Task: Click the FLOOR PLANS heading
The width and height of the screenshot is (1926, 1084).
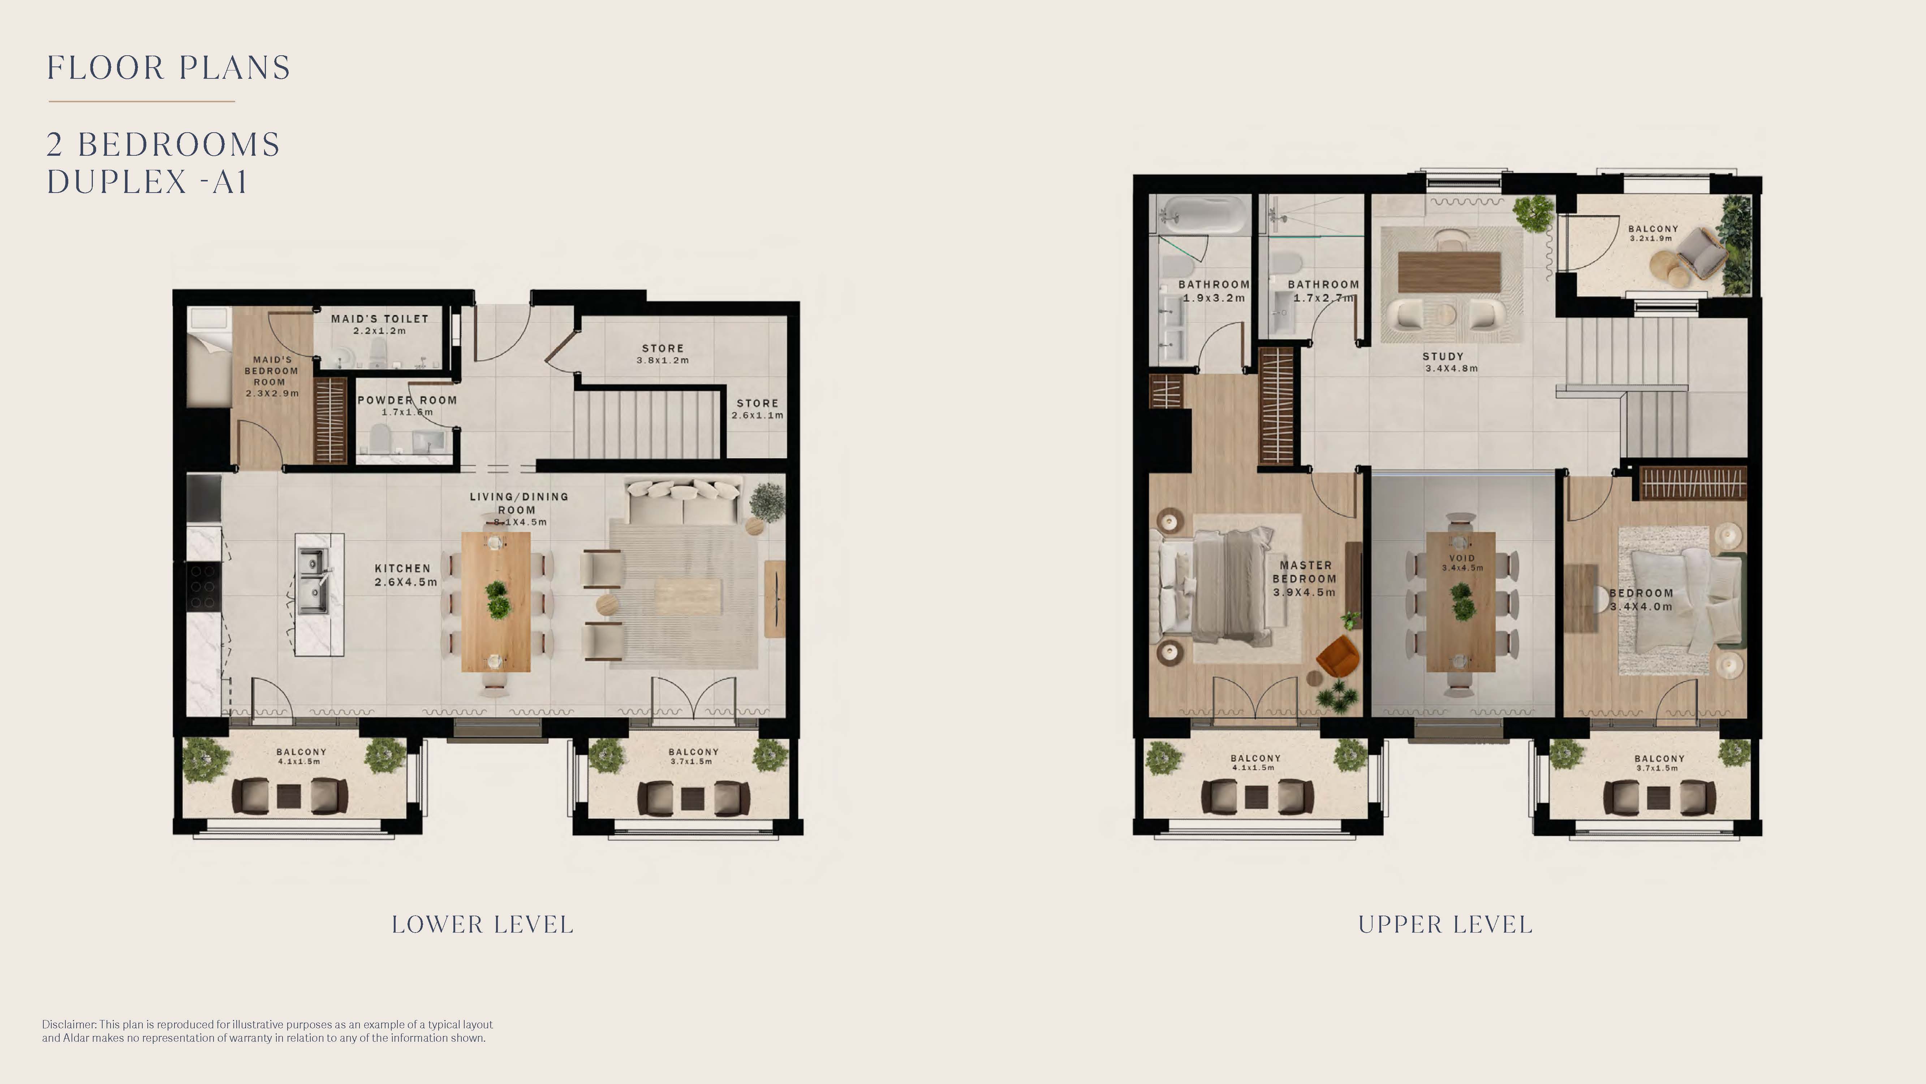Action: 169,68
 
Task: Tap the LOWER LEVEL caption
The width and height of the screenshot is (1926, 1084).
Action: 482,925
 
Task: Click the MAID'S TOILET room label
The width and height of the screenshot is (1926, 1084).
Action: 380,324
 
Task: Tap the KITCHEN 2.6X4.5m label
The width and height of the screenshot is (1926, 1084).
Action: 405,575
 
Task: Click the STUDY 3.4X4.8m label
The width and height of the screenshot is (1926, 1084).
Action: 1451,362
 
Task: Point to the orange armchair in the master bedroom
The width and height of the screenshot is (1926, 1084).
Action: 1337,655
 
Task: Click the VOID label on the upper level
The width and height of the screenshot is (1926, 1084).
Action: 1462,562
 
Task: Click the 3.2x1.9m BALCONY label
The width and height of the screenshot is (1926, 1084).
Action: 1653,233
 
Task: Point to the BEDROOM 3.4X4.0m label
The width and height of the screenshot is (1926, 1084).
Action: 1641,599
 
